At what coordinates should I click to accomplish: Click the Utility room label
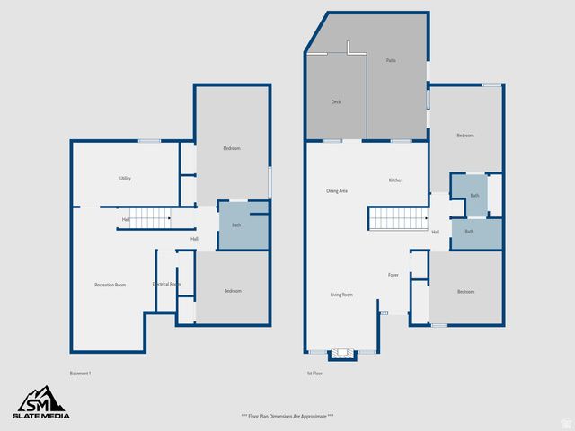coord(125,179)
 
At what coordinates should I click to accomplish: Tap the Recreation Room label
coord(110,285)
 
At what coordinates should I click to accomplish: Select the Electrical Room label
coord(166,285)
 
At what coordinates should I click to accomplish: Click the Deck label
coord(336,102)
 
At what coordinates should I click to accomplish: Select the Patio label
coord(391,60)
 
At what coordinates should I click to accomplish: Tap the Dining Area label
coord(337,191)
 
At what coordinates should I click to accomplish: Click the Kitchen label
coord(395,180)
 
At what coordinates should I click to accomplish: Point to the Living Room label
coord(341,295)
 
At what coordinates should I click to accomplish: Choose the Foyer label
coord(393,275)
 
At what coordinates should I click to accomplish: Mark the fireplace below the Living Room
coord(342,353)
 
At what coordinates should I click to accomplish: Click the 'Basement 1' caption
coord(81,373)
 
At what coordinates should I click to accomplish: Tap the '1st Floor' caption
coord(314,373)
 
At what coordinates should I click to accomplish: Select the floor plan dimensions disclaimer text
coord(287,416)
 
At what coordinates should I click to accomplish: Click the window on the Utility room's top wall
coord(149,141)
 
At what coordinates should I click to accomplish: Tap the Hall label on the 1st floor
coord(435,233)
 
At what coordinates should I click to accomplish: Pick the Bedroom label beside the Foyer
coord(465,292)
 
